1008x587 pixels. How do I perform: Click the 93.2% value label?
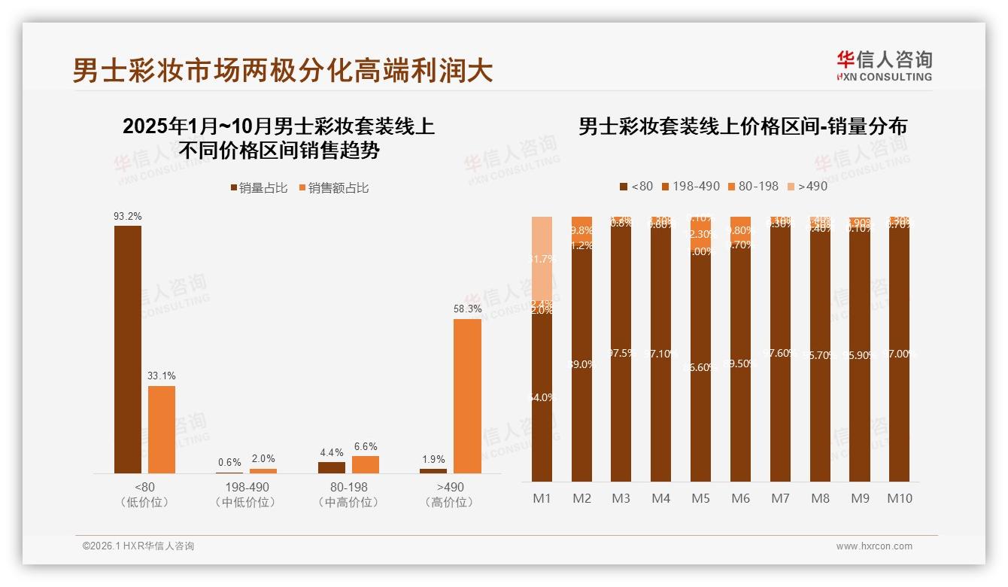[128, 216]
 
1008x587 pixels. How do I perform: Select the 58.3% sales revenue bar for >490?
[467, 396]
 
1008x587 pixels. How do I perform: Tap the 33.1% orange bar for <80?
[162, 429]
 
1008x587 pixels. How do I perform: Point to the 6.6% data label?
[365, 446]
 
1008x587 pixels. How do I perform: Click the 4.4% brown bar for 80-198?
[332, 467]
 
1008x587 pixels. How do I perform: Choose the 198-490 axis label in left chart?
[246, 488]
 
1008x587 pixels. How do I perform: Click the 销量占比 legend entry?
[259, 188]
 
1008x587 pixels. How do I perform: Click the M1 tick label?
[542, 498]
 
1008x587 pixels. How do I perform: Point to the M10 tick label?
[899, 498]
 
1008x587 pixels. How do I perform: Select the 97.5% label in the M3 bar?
[621, 353]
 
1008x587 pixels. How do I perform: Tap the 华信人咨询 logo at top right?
[884, 65]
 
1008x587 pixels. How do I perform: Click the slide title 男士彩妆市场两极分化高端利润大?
[283, 71]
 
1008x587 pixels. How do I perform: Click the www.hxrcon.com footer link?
[874, 546]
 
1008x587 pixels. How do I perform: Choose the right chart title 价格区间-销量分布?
[742, 126]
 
